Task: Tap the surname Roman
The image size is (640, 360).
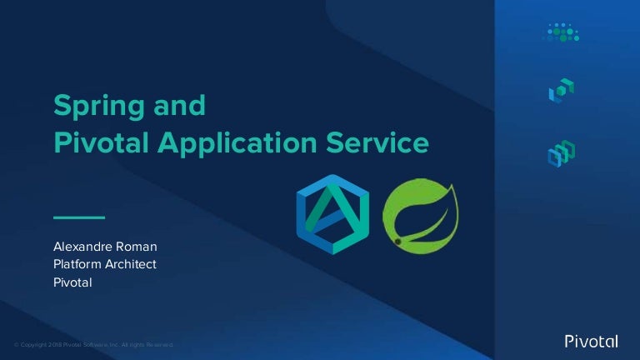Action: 136,247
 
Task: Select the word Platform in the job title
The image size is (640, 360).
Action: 77,264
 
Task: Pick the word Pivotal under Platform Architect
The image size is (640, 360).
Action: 72,282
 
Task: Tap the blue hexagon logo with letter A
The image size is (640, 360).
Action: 332,213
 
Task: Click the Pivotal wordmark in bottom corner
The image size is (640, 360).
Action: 591,341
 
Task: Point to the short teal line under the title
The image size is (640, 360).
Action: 79,217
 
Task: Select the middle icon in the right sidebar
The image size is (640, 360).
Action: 561,91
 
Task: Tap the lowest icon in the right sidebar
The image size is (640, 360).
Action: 561,153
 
